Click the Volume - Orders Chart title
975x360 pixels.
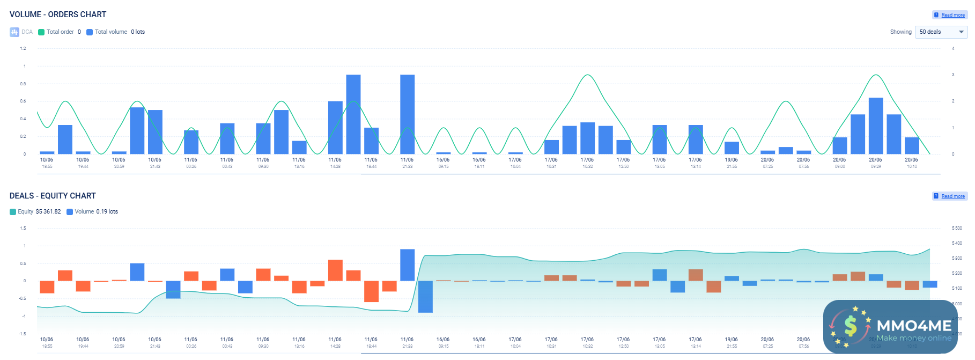pos(58,14)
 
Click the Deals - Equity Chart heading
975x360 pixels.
pos(53,196)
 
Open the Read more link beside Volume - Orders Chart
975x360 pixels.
pos(952,15)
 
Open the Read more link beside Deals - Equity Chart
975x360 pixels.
pos(952,196)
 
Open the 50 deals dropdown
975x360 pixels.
pos(941,32)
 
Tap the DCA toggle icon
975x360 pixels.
pos(14,32)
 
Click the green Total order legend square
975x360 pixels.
pos(41,32)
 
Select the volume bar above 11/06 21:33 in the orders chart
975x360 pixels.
pos(407,114)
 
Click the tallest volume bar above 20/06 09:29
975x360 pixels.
pos(875,126)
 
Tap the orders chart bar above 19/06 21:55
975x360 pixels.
pos(732,148)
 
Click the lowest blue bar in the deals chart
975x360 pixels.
pos(425,297)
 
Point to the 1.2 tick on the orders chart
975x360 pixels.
pos(23,49)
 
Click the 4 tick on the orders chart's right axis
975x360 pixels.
pos(953,49)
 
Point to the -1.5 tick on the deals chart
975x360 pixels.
pos(23,334)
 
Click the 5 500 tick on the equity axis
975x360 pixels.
pos(957,229)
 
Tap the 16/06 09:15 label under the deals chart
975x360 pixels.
pos(443,342)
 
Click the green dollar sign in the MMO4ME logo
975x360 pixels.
pos(850,326)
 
